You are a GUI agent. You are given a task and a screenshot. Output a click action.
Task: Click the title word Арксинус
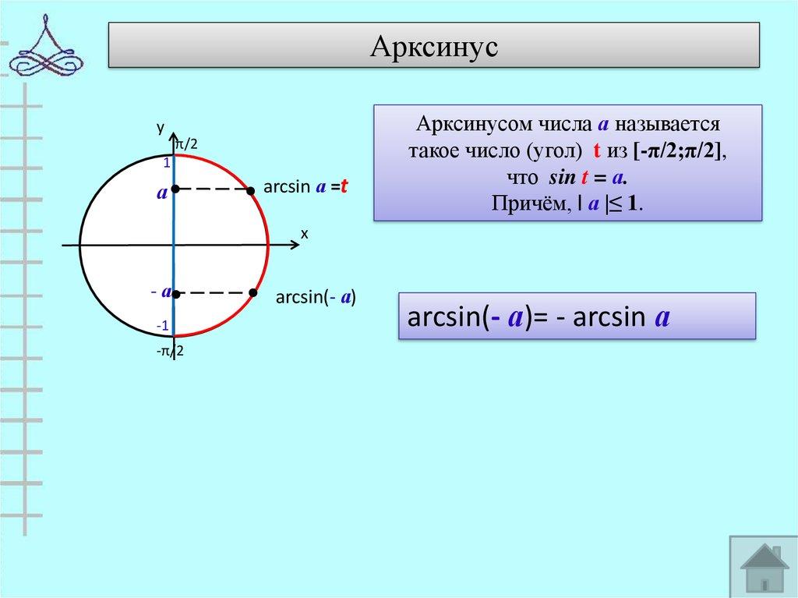(433, 46)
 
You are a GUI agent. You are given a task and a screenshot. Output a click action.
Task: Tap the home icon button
(763, 567)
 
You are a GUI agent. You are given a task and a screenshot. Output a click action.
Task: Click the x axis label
(305, 233)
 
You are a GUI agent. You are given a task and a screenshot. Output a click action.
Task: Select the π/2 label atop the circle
(186, 144)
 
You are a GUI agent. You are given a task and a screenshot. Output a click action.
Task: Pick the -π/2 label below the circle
(169, 352)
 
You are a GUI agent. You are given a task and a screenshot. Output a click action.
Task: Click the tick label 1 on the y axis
(166, 164)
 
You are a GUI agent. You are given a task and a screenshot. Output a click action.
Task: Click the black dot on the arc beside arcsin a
(251, 190)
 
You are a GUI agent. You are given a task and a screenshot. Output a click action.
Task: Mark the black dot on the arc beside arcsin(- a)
(253, 292)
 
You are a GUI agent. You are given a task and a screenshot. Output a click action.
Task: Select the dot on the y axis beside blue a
(176, 189)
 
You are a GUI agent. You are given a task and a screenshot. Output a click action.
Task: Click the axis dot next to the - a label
(177, 294)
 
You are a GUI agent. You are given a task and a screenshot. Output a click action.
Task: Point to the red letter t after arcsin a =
(342, 187)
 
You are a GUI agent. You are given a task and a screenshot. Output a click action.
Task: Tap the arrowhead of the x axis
(295, 246)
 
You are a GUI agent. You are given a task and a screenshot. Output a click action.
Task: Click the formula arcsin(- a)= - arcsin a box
(577, 316)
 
